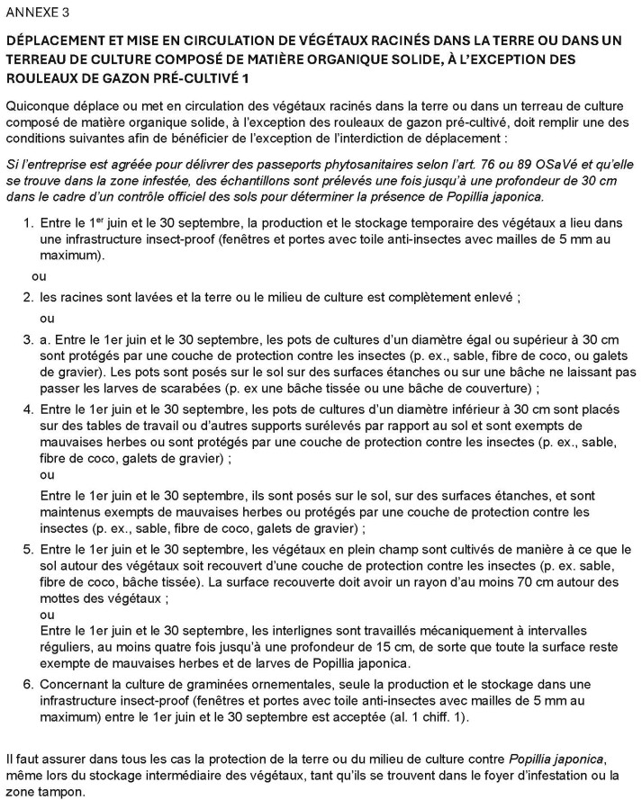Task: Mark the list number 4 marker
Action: pos(29,409)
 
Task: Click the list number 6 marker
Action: pos(29,685)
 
